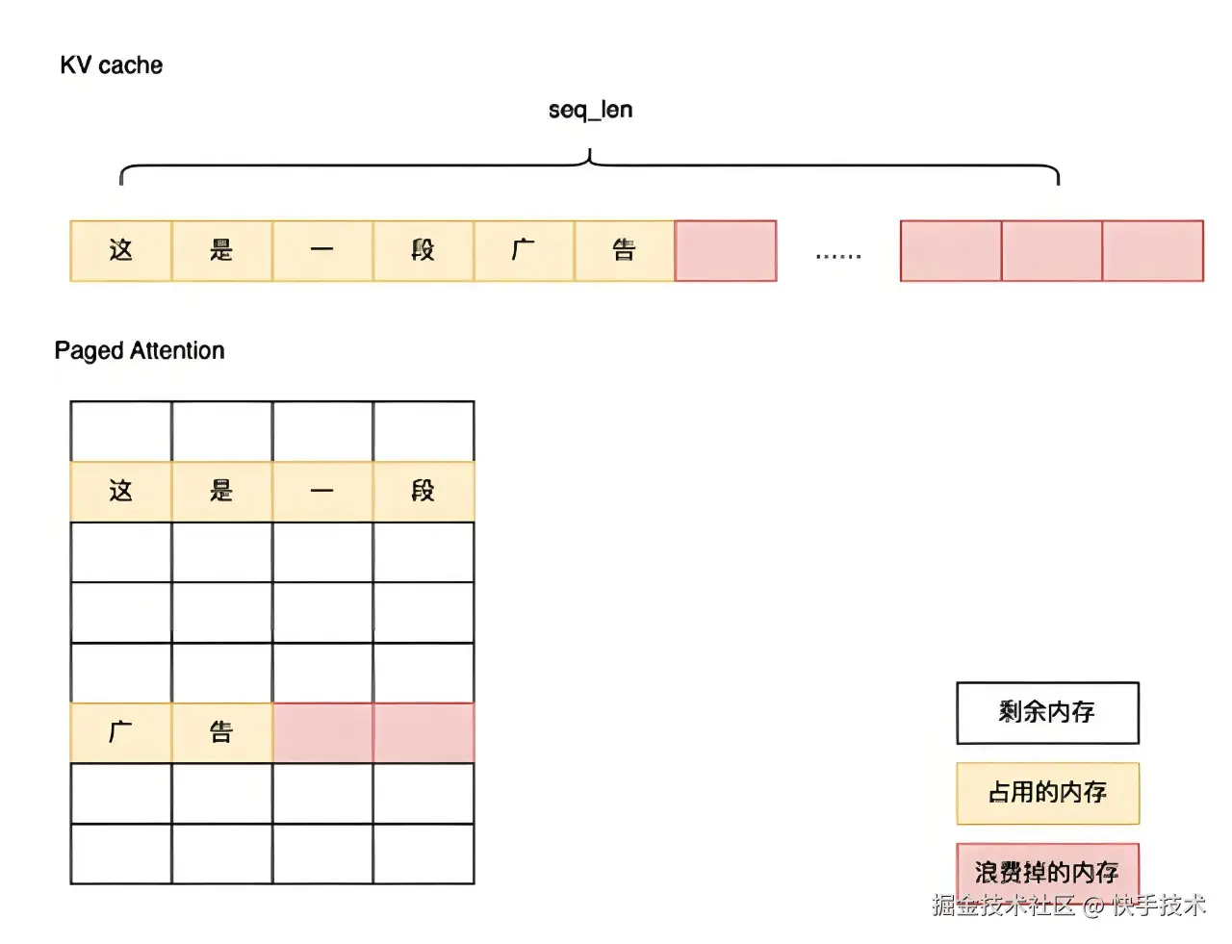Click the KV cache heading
pyautogui.click(x=111, y=65)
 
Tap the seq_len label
pyautogui.click(x=590, y=110)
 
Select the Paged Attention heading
pyautogui.click(x=140, y=350)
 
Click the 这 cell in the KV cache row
pyautogui.click(x=121, y=251)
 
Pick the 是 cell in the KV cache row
pyautogui.click(x=221, y=251)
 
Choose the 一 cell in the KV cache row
pyautogui.click(x=322, y=251)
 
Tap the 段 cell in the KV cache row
pyautogui.click(x=423, y=251)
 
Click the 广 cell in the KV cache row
pyautogui.click(x=524, y=251)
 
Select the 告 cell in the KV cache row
pyautogui.click(x=625, y=251)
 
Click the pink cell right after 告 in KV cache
pyautogui.click(x=726, y=251)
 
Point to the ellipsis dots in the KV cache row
pyautogui.click(x=838, y=256)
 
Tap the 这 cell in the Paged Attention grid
pyautogui.click(x=121, y=492)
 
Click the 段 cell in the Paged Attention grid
pyautogui.click(x=423, y=492)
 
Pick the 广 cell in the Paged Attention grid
pyautogui.click(x=121, y=732)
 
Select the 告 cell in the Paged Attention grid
pyautogui.click(x=221, y=732)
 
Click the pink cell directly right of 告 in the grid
pyautogui.click(x=322, y=732)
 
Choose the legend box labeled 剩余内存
pyautogui.click(x=1047, y=713)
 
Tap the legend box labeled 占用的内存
pyautogui.click(x=1047, y=793)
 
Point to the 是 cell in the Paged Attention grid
pyautogui.click(x=221, y=492)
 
